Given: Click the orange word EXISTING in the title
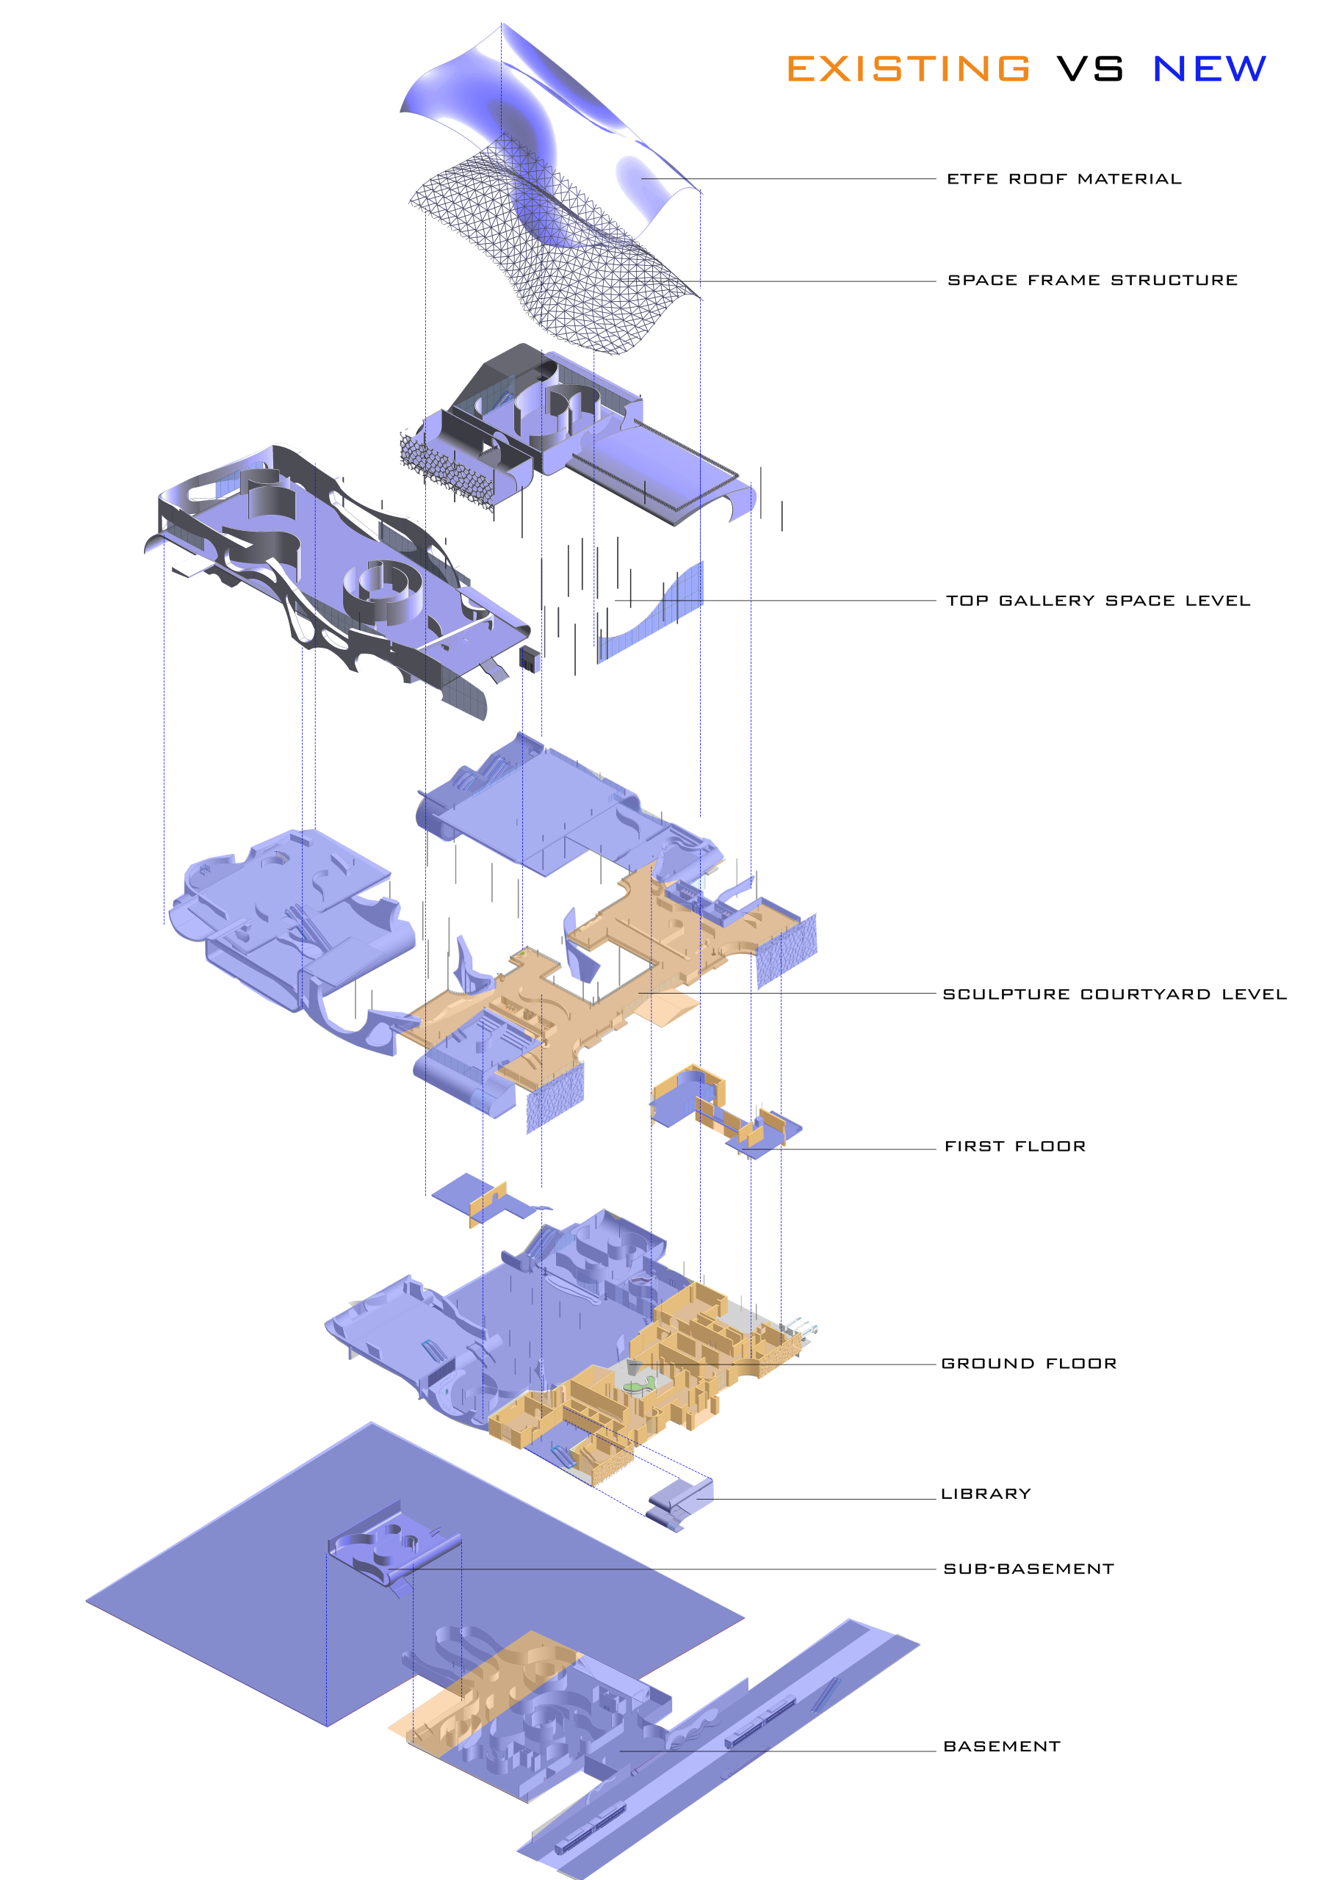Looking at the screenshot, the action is coord(908,69).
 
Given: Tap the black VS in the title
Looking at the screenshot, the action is coord(1090,69).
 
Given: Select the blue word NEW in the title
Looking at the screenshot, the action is coord(1209,69).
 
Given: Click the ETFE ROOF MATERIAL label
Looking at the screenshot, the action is coord(1064,178).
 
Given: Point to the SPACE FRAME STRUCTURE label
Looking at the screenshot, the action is coord(1092,280).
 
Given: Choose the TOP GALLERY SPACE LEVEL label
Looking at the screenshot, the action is coord(1098,600).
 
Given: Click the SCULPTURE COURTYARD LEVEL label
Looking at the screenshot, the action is coord(1114,994).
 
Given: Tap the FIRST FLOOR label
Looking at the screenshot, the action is coord(1015,1146).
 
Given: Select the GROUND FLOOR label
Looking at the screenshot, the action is coord(1029,1363).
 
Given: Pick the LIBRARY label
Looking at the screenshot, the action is coord(986,1494).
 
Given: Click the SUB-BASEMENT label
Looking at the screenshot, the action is coord(1028,1569).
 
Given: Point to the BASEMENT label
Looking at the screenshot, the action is coord(1001,1746).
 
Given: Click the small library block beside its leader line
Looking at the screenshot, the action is coord(680,1503).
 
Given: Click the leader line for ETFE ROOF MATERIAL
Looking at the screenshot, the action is coord(787,178).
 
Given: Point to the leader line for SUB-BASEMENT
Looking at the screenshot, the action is coord(671,1569).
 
